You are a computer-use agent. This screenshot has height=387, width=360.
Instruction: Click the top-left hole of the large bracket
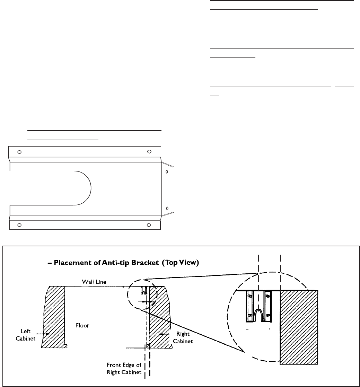click(19, 152)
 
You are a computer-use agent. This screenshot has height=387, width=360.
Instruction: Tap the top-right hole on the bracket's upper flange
click(149, 151)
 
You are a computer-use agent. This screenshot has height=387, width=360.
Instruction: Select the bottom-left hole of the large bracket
click(19, 225)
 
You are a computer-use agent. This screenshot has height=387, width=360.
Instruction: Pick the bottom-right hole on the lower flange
click(149, 225)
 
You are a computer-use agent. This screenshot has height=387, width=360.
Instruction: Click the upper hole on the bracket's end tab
click(167, 172)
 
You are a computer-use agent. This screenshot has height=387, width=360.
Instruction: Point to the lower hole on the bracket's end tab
click(167, 209)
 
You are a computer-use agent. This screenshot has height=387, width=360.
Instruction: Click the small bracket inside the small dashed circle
click(144, 290)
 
